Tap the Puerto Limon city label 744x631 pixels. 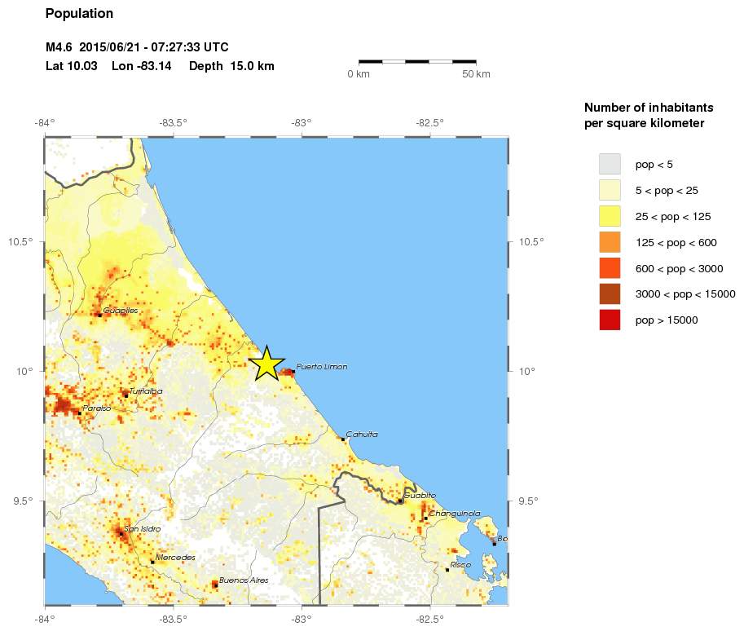[321, 367]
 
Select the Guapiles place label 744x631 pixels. [121, 311]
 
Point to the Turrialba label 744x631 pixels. [146, 391]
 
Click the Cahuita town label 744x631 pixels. [362, 435]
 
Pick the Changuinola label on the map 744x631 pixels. [455, 514]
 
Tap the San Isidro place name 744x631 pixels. [142, 529]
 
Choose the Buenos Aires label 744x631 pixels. [244, 580]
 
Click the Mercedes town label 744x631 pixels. [175, 558]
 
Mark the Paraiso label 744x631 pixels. [96, 408]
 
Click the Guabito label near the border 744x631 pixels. [420, 496]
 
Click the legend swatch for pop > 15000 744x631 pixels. [610, 320]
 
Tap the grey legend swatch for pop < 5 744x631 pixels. [610, 164]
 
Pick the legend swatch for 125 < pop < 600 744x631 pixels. [610, 242]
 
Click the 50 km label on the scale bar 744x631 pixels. [476, 75]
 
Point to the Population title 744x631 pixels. [79, 14]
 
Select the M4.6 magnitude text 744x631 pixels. [60, 47]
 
